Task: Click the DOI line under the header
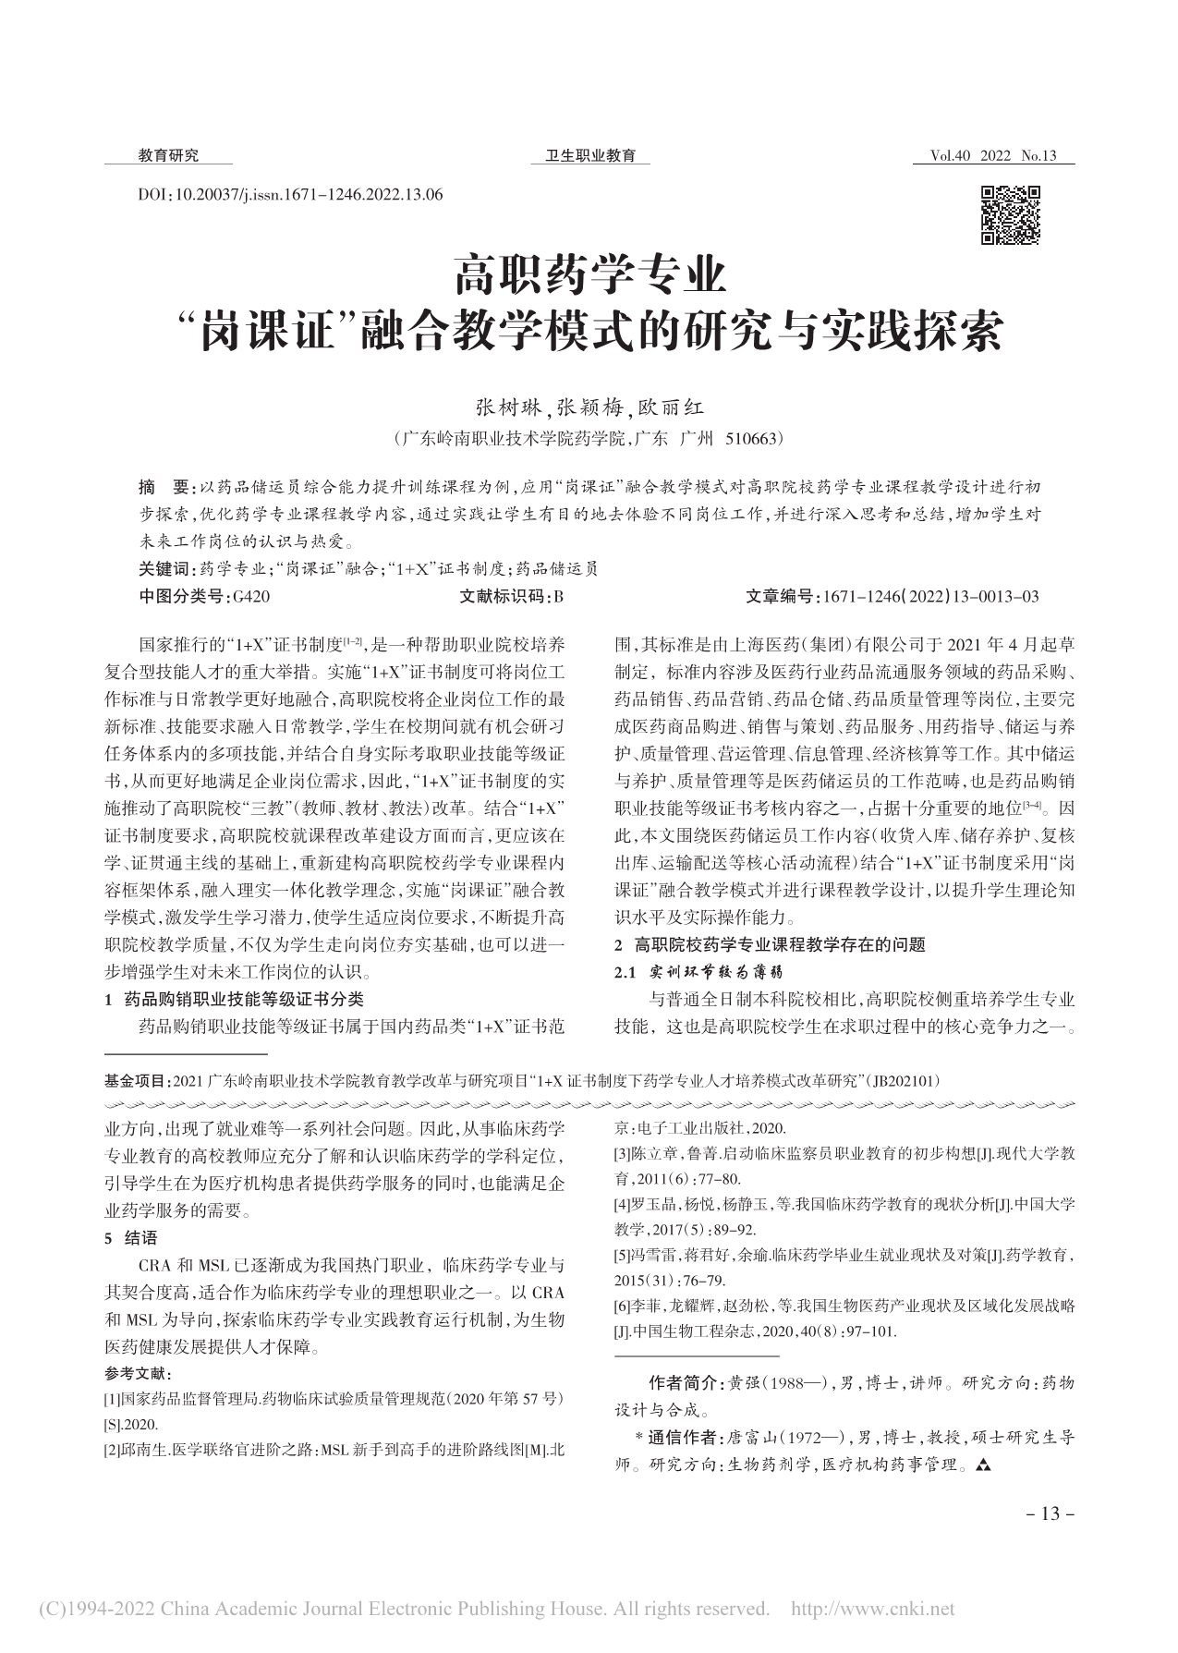289,195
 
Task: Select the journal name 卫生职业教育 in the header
590,156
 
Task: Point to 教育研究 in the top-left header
168,156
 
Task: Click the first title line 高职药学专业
589,275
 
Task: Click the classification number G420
251,597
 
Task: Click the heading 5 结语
132,1238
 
